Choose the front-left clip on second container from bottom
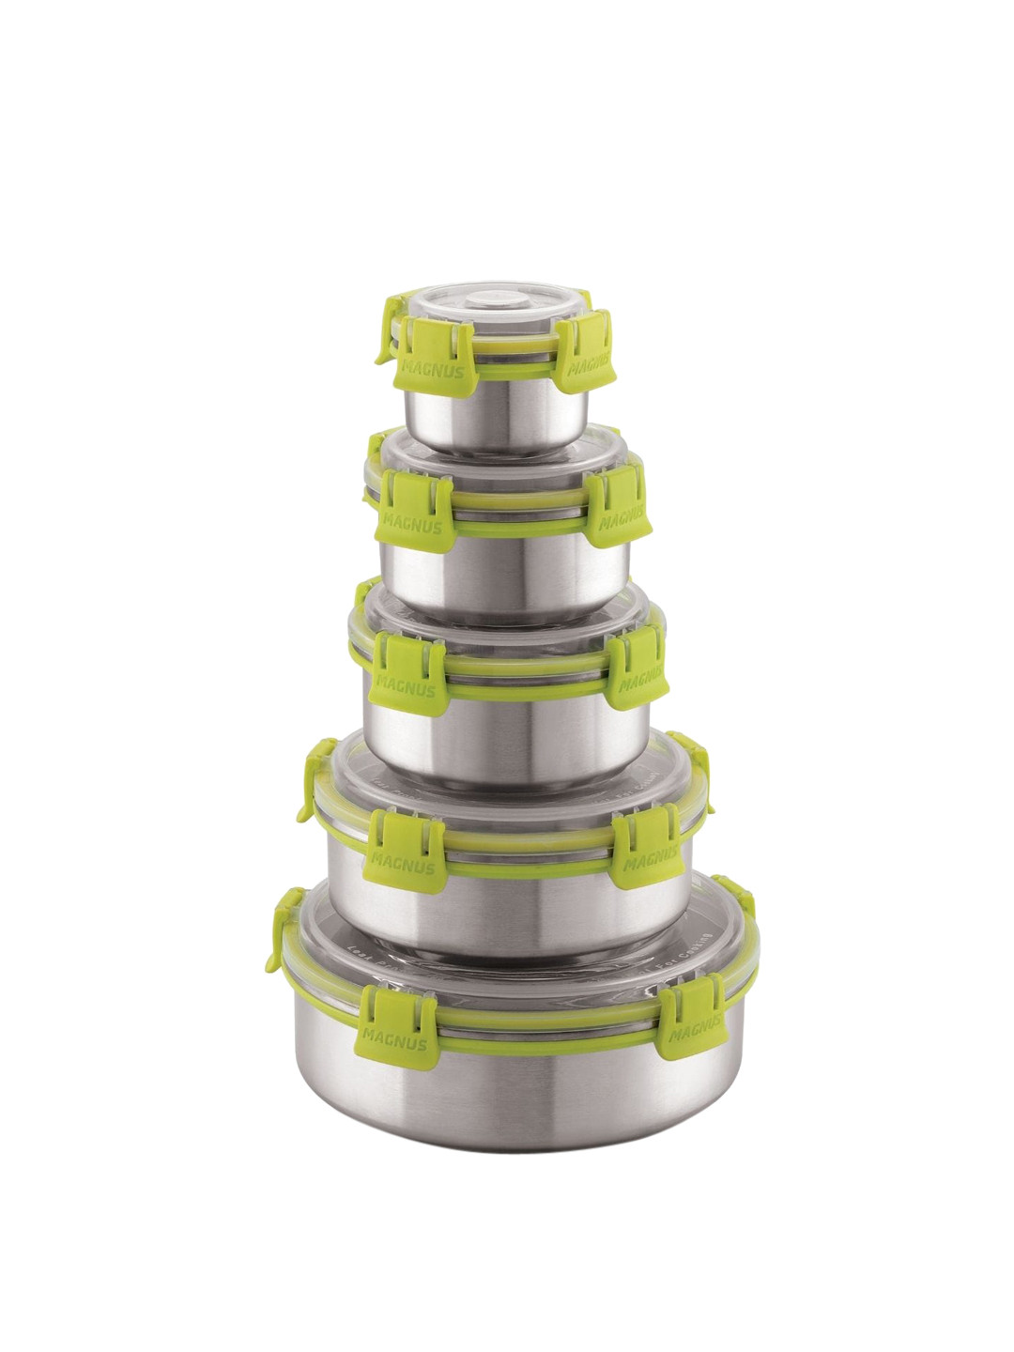tap(399, 846)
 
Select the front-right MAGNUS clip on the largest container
tap(693, 1022)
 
